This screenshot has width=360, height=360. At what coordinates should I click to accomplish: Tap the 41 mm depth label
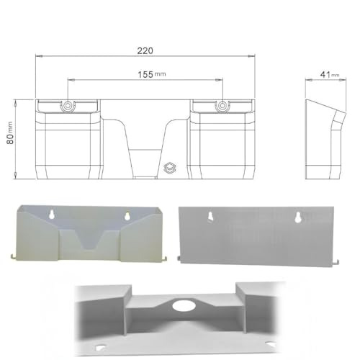coord(321,73)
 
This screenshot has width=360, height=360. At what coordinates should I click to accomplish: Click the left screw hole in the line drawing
coord(68,106)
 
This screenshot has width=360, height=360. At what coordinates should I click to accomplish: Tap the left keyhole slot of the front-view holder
coord(53,215)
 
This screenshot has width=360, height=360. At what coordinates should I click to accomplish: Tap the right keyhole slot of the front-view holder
coord(127,215)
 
